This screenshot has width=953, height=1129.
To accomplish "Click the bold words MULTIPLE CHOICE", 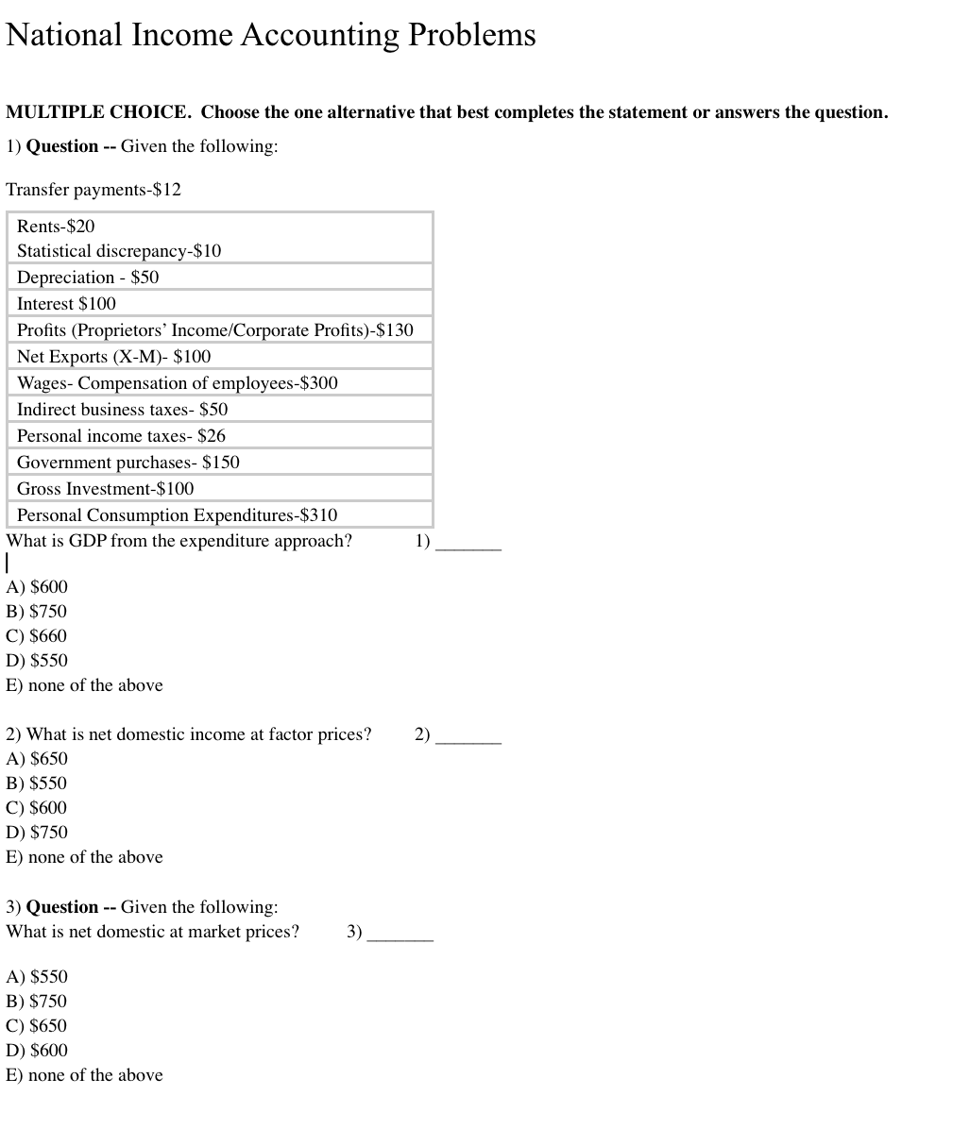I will tap(98, 112).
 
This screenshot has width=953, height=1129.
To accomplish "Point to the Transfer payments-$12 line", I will tap(94, 190).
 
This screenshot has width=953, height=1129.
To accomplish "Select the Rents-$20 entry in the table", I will tap(56, 227).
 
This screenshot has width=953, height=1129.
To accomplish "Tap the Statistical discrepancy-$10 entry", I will tap(119, 251).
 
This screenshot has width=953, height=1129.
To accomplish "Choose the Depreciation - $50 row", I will tap(88, 278).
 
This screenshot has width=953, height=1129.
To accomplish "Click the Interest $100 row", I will tap(66, 304).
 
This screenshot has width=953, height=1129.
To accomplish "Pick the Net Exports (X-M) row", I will tap(113, 357).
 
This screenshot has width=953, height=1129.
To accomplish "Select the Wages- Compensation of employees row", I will tap(177, 383).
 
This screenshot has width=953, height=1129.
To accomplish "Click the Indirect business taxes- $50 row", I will tap(122, 410).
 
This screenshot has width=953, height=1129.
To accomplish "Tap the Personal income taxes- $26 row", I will tap(121, 436).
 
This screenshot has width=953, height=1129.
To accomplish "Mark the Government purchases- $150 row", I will tap(128, 463).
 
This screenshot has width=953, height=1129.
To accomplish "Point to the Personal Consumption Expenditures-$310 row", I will tap(177, 515).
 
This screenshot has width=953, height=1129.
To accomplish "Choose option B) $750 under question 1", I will tap(37, 612).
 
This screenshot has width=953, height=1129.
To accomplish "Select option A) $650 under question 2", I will tap(37, 759).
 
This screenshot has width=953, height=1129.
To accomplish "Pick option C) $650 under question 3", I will tap(37, 1026).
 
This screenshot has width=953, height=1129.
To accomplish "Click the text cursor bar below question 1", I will tap(8, 564).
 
